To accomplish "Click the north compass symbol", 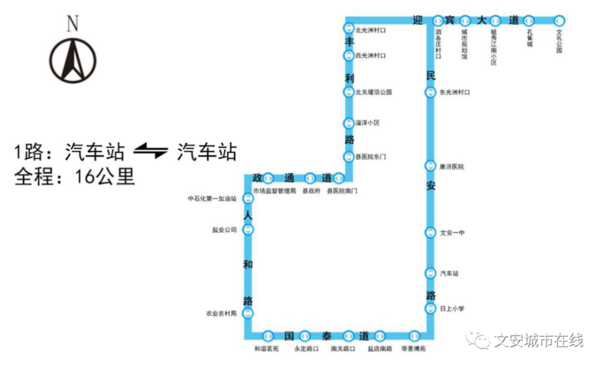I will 73,60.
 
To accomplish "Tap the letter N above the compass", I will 73,24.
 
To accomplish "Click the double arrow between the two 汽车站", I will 150,151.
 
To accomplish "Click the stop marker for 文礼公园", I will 559,20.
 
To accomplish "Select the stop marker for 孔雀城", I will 529,20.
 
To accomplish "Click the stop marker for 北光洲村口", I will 349,28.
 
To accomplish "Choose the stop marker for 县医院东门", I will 349,157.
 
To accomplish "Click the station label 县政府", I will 310,191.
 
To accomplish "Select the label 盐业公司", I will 224,230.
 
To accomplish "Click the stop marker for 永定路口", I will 305,335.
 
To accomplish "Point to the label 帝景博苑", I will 414,349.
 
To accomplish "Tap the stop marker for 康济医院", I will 430,166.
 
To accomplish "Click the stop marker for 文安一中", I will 430,232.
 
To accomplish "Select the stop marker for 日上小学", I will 430,309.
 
